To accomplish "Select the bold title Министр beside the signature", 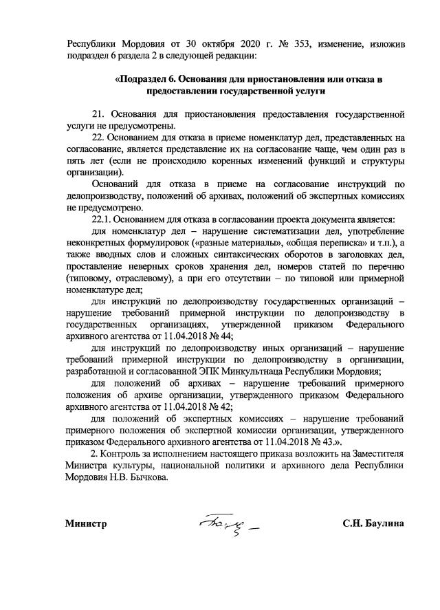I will [x=86, y=523].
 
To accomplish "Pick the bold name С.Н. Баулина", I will [x=373, y=523].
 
